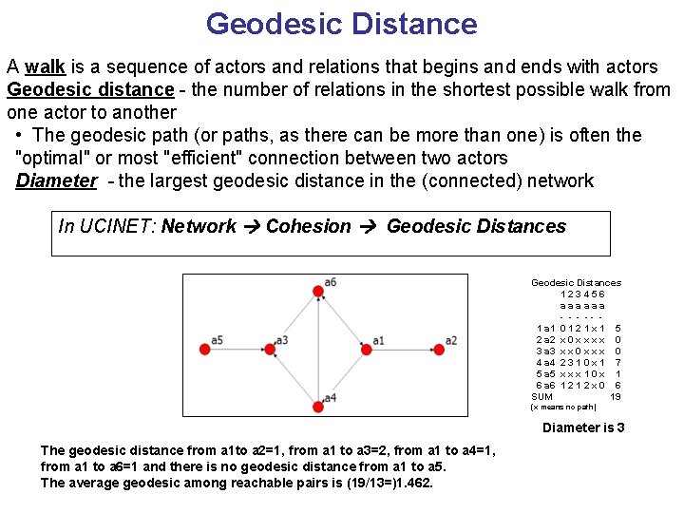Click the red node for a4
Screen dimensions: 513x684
coord(316,407)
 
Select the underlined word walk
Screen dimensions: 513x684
coord(45,67)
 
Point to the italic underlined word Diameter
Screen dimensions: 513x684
coord(56,180)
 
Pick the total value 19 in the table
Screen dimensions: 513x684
coord(616,396)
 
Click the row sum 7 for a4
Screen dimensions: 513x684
coord(617,362)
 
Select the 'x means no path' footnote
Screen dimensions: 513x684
coord(562,408)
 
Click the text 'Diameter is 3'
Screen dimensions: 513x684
coord(583,427)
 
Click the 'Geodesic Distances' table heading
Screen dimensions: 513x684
coord(576,282)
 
